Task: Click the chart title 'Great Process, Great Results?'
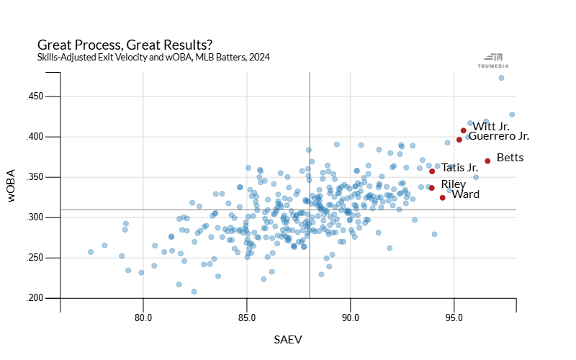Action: tap(124, 45)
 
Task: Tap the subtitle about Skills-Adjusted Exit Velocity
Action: tap(153, 58)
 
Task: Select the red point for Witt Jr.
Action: tap(464, 130)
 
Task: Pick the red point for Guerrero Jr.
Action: tap(459, 140)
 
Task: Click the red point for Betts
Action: tap(487, 161)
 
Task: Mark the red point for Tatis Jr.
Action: tap(432, 171)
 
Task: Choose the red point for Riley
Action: tap(432, 188)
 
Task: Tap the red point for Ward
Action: tap(442, 197)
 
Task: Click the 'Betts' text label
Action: tap(510, 158)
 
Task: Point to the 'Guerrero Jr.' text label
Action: tap(499, 136)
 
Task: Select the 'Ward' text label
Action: tap(465, 194)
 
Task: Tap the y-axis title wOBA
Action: tap(13, 187)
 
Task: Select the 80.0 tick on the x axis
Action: tap(143, 317)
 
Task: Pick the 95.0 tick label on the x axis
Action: tap(454, 317)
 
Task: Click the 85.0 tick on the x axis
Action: tap(247, 317)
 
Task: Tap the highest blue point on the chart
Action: tap(501, 78)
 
